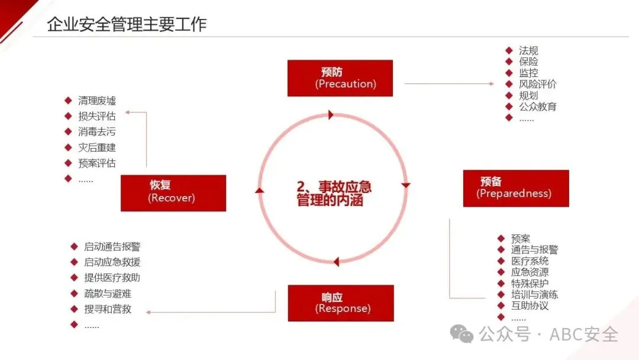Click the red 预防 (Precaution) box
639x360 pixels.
(x=340, y=78)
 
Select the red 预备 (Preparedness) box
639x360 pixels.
(x=516, y=188)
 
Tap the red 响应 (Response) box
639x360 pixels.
(x=340, y=303)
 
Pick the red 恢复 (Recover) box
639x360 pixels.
(x=173, y=193)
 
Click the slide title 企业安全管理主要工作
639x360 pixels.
(x=127, y=24)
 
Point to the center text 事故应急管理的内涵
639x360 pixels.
(x=334, y=194)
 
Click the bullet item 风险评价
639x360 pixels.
(x=537, y=84)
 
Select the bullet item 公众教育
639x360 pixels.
(x=537, y=107)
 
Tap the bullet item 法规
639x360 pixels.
(x=528, y=51)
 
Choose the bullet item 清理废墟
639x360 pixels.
(x=97, y=101)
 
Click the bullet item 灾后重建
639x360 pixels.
(x=97, y=147)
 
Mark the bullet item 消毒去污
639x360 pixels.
(x=97, y=131)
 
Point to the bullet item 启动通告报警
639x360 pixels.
(x=112, y=247)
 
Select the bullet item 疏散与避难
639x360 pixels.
(x=108, y=293)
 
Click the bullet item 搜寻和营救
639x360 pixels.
(x=108, y=308)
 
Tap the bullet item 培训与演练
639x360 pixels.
(x=534, y=294)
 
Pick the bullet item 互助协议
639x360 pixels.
(x=530, y=306)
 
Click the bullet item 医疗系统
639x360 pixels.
(x=530, y=261)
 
